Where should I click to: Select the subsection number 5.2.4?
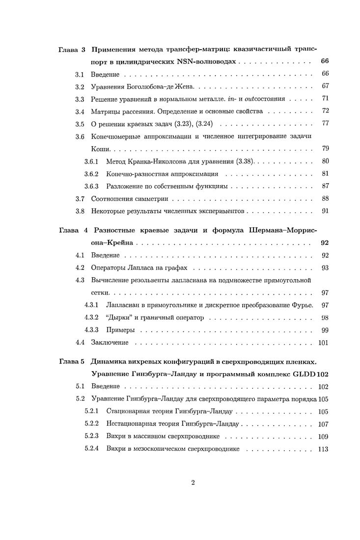[91, 449]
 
